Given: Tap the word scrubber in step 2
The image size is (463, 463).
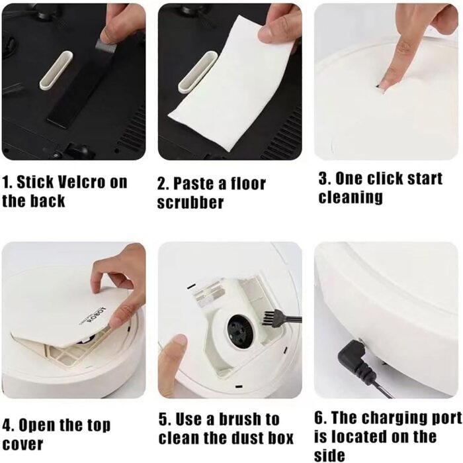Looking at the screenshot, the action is click(190, 203).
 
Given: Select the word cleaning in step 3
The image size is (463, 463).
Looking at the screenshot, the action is click(351, 197).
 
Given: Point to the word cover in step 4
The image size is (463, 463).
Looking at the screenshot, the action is click(22, 444).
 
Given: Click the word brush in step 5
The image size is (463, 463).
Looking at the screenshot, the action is click(239, 419).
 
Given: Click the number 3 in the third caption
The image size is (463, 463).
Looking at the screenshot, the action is click(323, 179).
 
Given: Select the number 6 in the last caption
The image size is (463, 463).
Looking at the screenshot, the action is click(319, 418).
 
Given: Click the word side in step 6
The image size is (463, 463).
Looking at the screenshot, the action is click(329, 455).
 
